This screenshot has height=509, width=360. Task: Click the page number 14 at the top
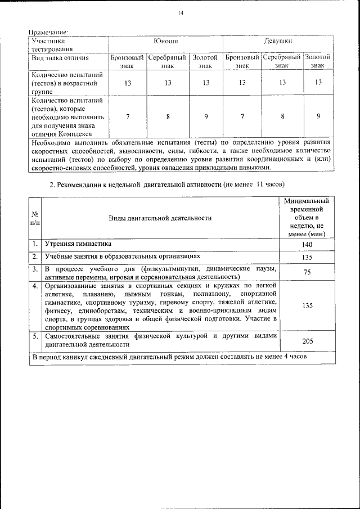[180, 13]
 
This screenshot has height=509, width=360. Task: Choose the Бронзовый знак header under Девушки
[242, 61]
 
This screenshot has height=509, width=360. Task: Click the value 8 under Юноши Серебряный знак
[168, 116]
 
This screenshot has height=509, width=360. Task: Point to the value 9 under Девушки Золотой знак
[318, 116]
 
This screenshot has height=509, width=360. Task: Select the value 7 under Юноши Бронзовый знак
[128, 116]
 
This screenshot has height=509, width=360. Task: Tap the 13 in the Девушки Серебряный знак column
[282, 82]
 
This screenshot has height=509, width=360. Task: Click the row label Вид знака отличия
[60, 57]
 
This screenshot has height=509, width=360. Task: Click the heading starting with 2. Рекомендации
[168, 184]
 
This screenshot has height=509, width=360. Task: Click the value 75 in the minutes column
[307, 272]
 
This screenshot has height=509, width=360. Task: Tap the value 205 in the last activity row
[307, 340]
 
